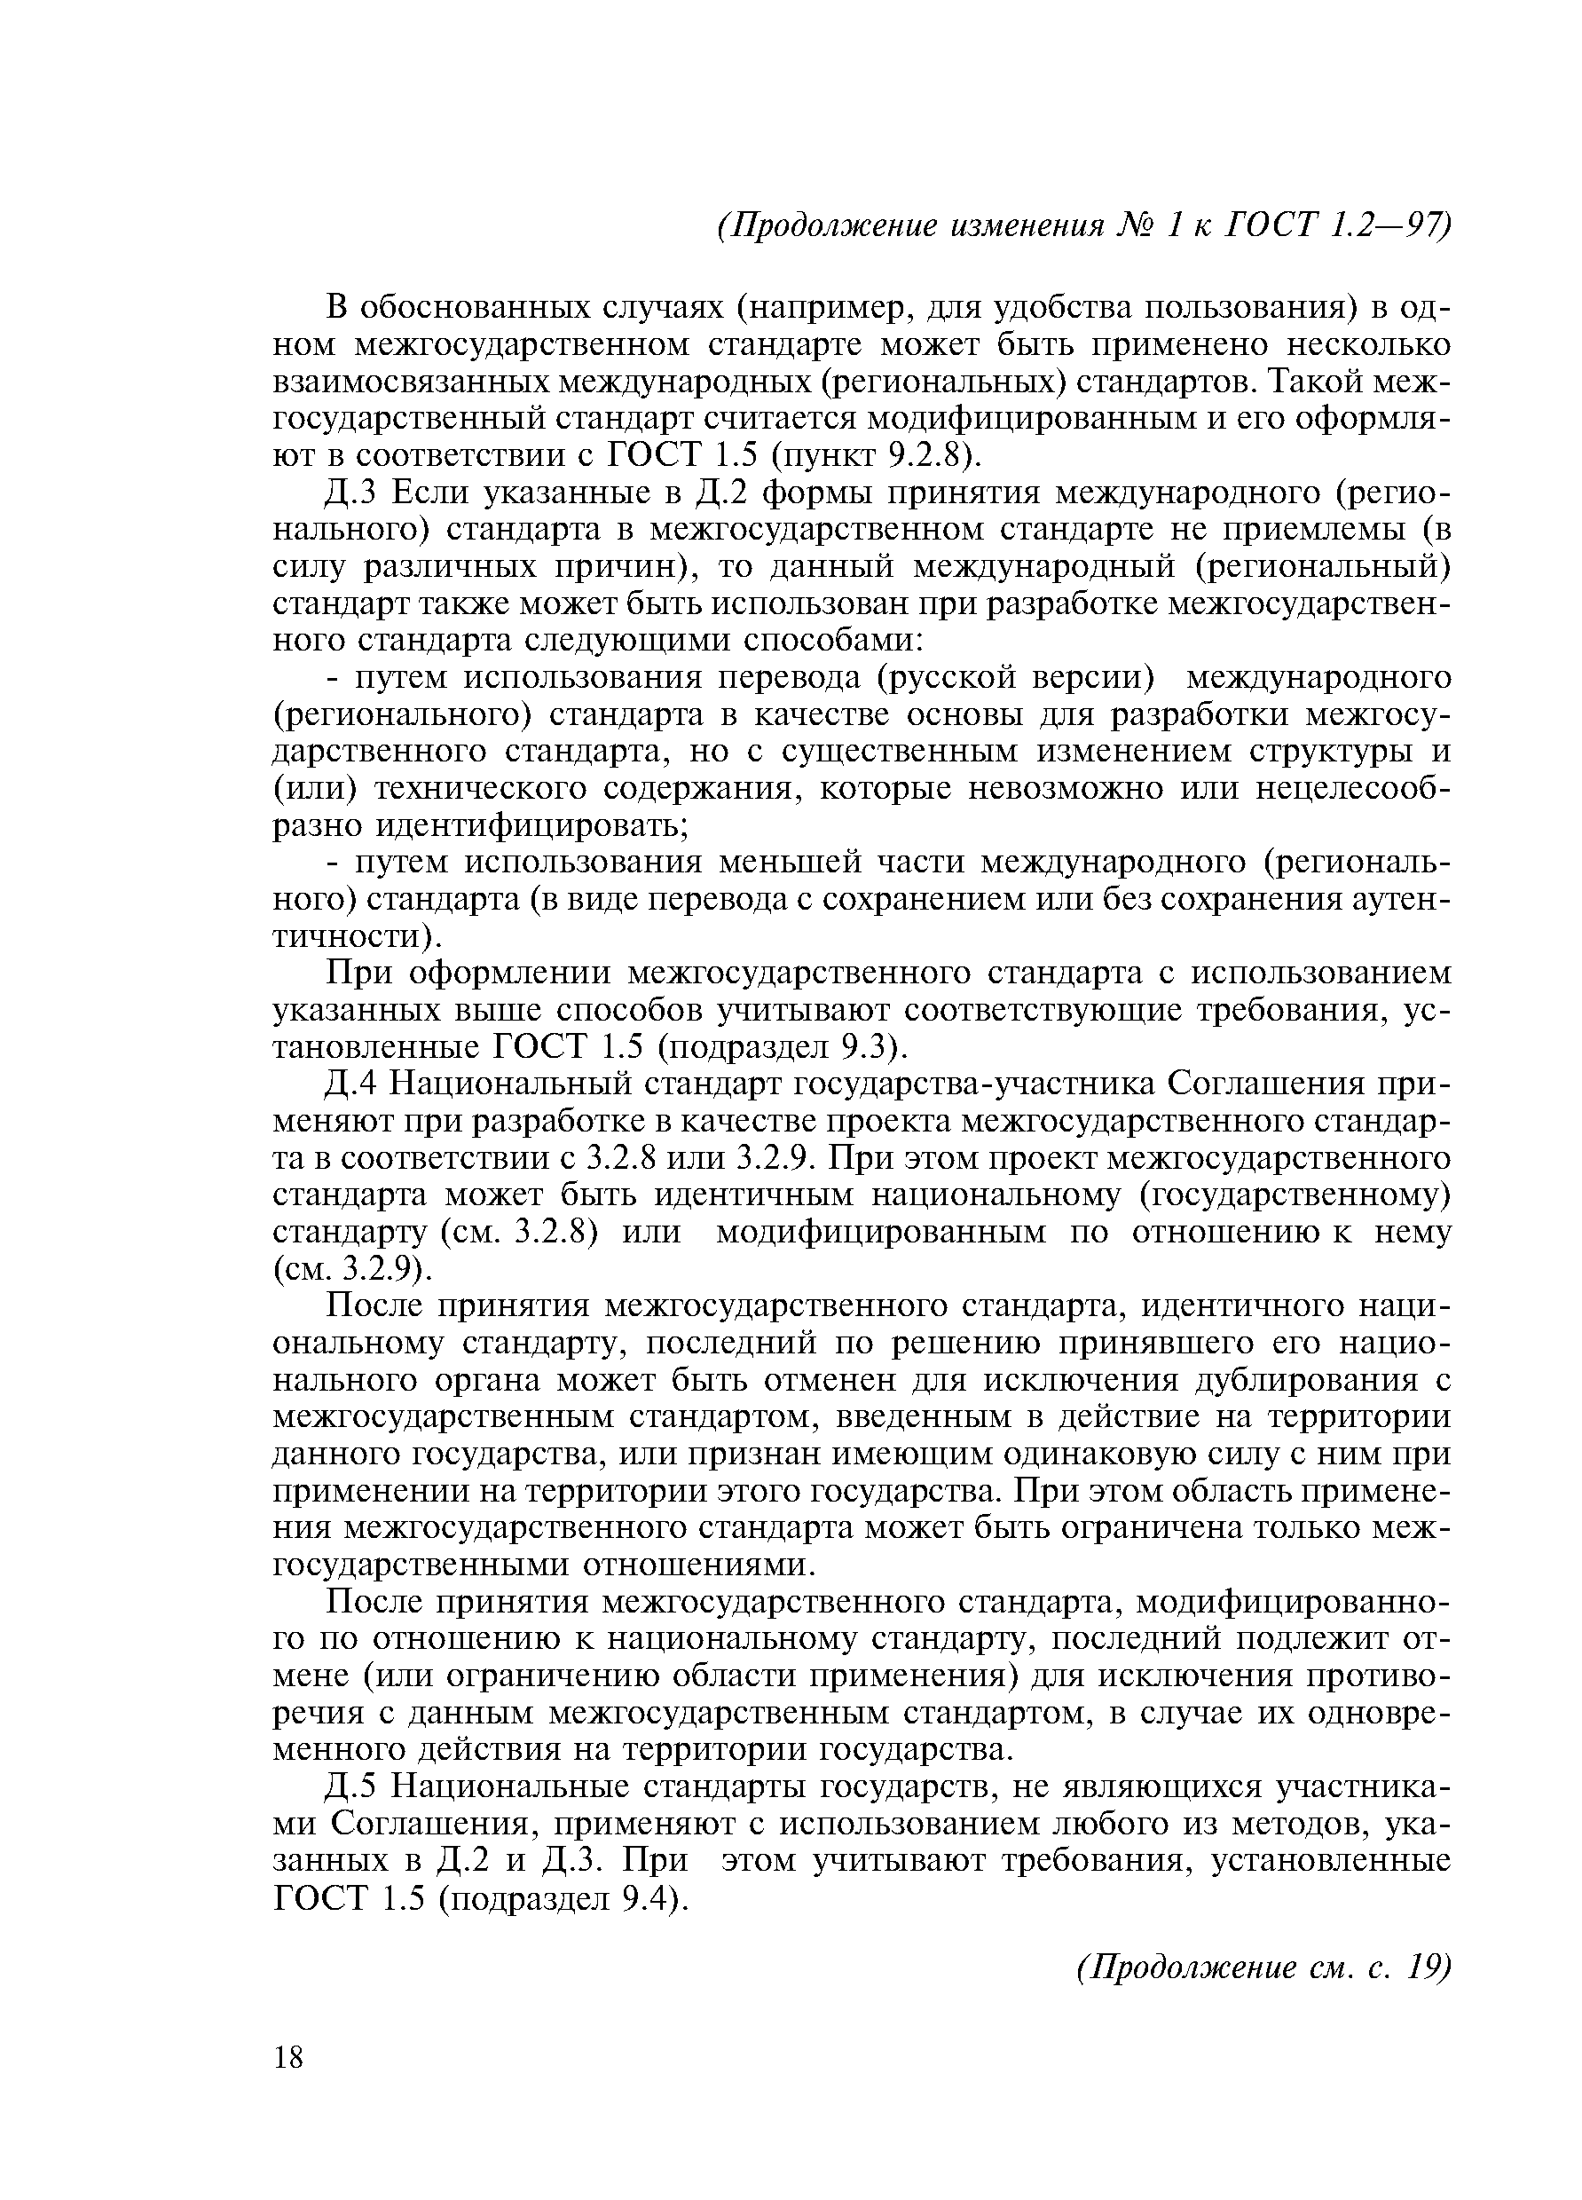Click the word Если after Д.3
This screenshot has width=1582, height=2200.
pos(426,493)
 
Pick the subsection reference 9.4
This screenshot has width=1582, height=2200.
pos(649,1896)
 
